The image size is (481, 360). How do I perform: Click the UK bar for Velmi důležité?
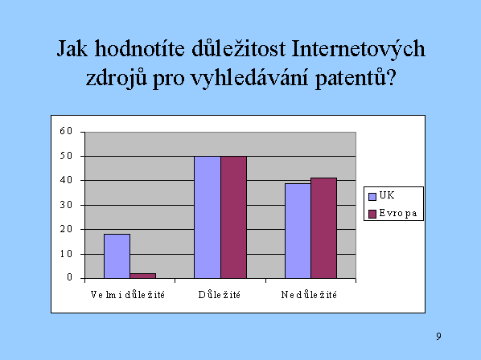coord(117,256)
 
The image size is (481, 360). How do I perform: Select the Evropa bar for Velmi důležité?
coord(143,276)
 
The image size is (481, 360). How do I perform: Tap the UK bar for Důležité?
coord(208,217)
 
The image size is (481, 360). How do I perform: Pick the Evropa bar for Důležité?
coord(234,217)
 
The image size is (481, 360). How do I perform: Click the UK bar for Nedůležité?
coord(298,231)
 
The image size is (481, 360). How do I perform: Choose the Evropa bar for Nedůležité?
coord(324,228)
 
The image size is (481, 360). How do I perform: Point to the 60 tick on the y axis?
coord(66,131)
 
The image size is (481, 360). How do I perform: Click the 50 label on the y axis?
coord(66,156)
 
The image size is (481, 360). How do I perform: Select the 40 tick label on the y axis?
coord(66,180)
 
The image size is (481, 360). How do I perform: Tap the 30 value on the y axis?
coord(66,205)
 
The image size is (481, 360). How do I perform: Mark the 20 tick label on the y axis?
coord(66,229)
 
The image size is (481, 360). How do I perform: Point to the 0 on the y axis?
coord(70,277)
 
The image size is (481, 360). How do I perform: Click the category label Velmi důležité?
coord(128,294)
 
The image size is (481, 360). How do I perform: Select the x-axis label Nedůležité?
coord(309,294)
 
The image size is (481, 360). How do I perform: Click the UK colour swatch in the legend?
coord(372,196)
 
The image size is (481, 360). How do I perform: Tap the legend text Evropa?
coord(398,213)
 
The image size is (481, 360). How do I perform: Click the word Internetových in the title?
coord(358,49)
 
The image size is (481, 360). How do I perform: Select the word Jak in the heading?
coord(72,48)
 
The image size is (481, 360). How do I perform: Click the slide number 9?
coord(438,336)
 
